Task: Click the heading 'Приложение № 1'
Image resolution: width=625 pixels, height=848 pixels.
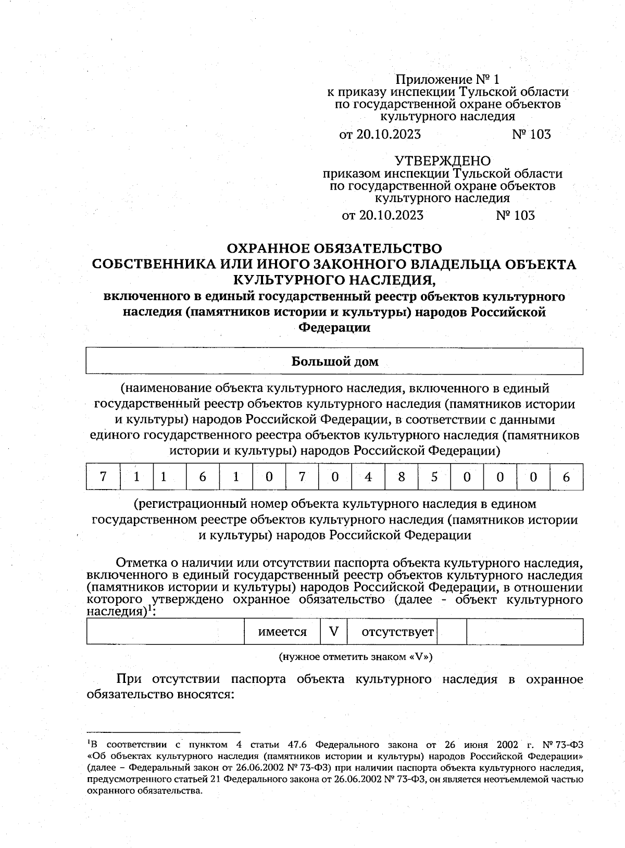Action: point(447,80)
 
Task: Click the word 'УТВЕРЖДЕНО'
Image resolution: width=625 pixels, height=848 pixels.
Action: point(442,160)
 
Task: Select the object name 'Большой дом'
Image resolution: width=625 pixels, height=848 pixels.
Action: point(334,361)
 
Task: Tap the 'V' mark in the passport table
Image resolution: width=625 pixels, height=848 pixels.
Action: point(334,632)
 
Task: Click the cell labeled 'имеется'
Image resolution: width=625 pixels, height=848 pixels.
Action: point(282,632)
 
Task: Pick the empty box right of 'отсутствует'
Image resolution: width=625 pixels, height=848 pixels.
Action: point(452,632)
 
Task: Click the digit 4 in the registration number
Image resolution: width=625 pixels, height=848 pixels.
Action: point(368,477)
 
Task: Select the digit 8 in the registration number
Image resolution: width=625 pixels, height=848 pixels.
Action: point(401,477)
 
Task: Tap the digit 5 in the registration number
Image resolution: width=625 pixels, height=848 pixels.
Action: point(434,477)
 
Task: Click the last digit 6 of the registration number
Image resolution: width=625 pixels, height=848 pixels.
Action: point(566,477)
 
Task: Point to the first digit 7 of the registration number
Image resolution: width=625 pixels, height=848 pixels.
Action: point(103,477)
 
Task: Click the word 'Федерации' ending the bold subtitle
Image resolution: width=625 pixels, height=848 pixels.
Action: point(334,328)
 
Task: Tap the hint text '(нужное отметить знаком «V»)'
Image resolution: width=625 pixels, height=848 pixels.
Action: point(356,656)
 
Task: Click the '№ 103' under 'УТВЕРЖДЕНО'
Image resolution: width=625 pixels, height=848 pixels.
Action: point(516,215)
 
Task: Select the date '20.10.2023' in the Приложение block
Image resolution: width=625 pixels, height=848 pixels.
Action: point(388,134)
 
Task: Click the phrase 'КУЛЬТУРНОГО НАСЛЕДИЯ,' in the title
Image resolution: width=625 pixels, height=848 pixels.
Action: point(334,280)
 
